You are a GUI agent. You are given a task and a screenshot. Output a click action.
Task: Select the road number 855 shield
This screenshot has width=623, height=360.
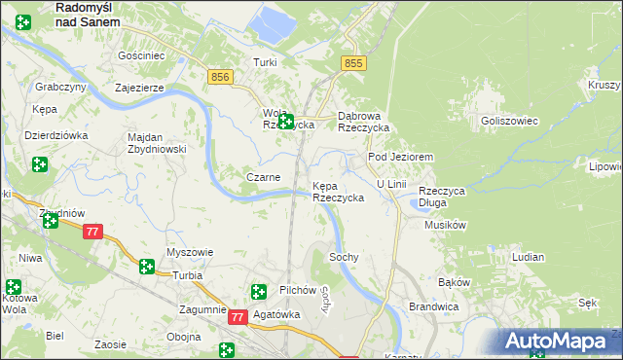[x=353, y=63]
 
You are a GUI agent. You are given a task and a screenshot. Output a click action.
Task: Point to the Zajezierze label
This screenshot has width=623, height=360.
[x=138, y=87]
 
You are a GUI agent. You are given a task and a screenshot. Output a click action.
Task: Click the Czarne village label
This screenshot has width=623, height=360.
[x=263, y=177]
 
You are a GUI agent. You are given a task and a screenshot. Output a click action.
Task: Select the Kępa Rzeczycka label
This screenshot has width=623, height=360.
[x=338, y=192]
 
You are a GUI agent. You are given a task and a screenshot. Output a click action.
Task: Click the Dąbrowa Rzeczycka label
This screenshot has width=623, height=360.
[x=363, y=122]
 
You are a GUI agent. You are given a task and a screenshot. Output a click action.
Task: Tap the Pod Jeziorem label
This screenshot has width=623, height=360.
[x=399, y=157]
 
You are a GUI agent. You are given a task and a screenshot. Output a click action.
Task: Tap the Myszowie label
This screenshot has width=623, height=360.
[x=190, y=252]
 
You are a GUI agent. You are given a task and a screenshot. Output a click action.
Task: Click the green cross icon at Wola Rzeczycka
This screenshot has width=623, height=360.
[x=285, y=122]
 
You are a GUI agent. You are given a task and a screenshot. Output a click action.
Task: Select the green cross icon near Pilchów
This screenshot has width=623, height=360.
[x=259, y=291]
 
